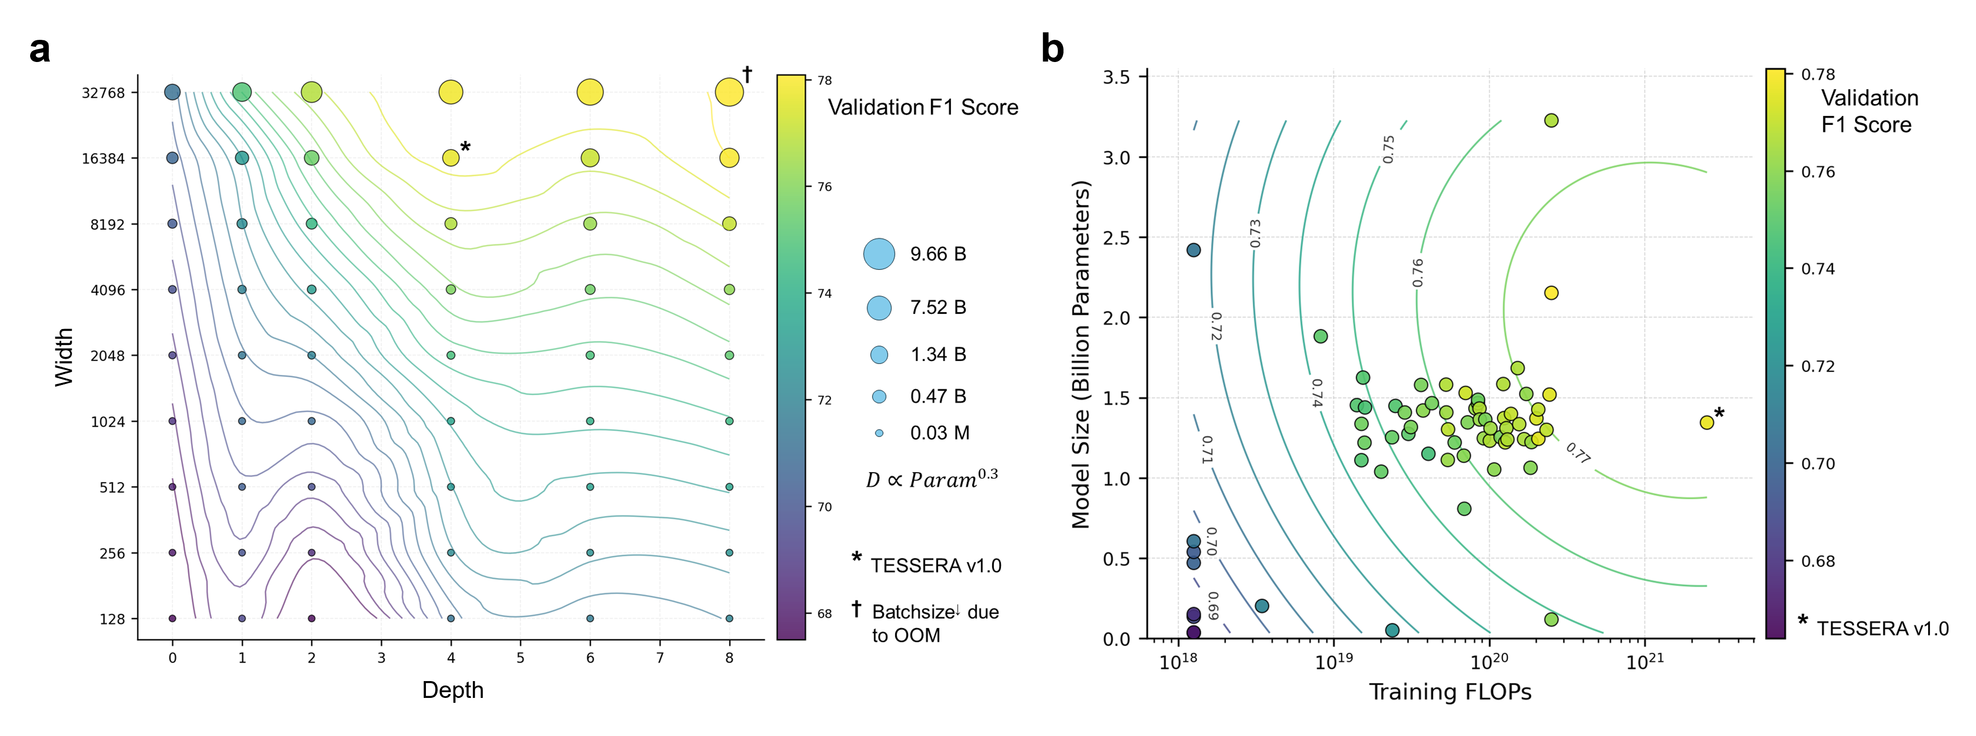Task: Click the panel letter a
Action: click(x=40, y=50)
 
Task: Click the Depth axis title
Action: click(x=452, y=690)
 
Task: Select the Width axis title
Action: click(x=65, y=357)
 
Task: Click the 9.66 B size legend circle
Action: click(x=879, y=254)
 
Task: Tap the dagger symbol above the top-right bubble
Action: click(x=747, y=74)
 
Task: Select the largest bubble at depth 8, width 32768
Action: click(x=729, y=92)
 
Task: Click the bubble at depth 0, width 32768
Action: click(x=173, y=92)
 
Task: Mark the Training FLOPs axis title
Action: click(x=1450, y=692)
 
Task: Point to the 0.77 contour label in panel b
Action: click(x=1578, y=453)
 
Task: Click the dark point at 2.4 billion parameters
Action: click(x=1194, y=250)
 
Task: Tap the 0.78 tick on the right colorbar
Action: click(x=1818, y=74)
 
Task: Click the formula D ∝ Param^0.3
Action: click(x=931, y=479)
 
